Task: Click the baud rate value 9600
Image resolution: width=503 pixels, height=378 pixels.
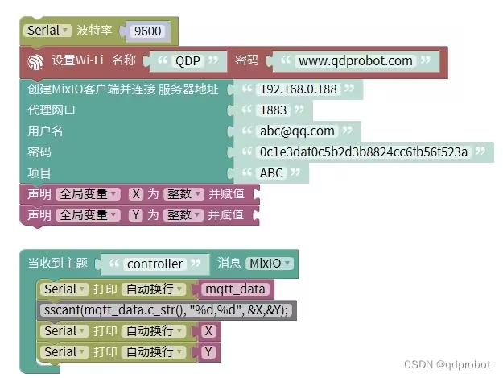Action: coord(148,32)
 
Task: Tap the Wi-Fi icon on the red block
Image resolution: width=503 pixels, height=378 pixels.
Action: coord(36,61)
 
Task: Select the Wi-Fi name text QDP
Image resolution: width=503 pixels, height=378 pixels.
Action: coord(188,61)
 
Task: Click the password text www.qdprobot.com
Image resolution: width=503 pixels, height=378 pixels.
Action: coord(355,61)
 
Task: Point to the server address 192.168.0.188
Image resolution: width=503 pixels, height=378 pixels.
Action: coord(298,89)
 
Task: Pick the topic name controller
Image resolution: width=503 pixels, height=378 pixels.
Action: coord(155,264)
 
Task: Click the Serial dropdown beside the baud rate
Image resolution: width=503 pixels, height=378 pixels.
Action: coord(47,31)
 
